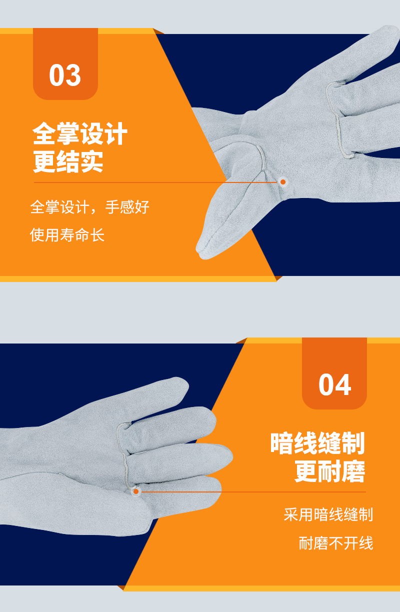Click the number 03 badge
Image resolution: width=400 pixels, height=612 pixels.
coord(65,64)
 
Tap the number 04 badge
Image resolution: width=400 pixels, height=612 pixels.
coord(334,373)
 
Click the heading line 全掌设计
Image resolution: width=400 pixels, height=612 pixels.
coord(80,133)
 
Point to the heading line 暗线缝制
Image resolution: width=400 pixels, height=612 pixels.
coord(317,443)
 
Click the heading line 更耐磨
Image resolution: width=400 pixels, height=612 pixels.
coord(330,471)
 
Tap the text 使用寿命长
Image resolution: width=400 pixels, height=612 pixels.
coord(67,235)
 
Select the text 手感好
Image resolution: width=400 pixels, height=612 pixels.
coord(127,207)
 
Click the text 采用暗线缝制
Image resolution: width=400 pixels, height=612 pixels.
coord(328,514)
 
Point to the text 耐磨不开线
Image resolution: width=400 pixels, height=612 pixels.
coord(336,543)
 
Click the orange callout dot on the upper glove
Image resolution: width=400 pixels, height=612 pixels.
coord(283,182)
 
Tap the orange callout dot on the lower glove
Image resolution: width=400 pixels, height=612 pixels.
coord(136,492)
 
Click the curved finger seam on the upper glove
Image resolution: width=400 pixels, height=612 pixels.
coord(336,120)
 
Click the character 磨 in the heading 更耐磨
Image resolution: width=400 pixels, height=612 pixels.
coord(353,471)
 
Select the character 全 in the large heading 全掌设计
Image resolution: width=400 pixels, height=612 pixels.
coord(44,133)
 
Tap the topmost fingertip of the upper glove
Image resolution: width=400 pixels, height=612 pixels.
coord(389,33)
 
